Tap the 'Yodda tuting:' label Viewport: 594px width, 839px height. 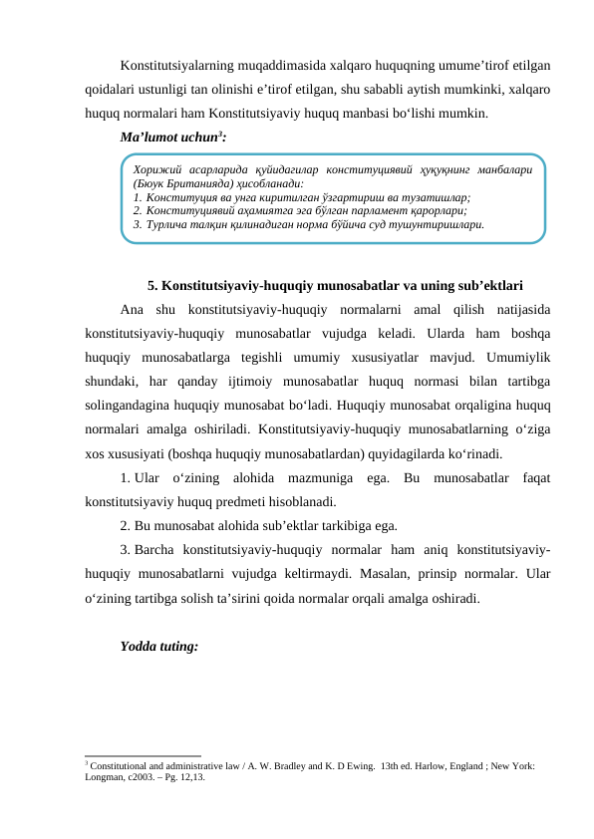tap(158, 646)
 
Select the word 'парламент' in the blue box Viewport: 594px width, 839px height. tap(376, 211)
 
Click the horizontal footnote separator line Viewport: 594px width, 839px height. tap(144, 755)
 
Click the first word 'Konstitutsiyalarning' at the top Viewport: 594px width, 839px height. tap(183, 67)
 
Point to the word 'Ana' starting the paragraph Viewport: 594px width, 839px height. tap(133, 308)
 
